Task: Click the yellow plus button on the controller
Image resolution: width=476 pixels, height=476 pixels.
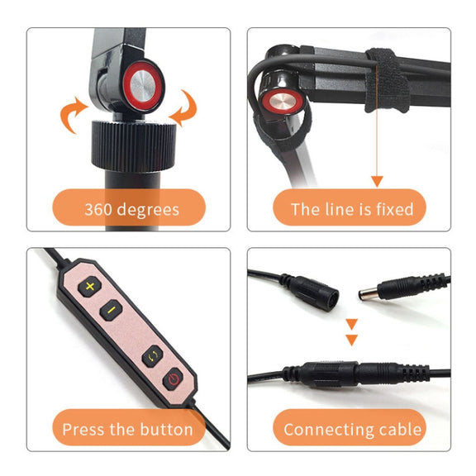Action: coord(90,286)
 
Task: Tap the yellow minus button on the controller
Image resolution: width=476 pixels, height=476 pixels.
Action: coord(112,310)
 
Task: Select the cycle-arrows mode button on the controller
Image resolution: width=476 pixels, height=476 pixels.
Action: coord(153,356)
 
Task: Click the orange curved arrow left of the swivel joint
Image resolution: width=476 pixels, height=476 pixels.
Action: coord(74,115)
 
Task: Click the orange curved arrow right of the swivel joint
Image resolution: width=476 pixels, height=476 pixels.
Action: coord(185,107)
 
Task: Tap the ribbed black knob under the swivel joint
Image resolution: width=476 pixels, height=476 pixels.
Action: coord(134,145)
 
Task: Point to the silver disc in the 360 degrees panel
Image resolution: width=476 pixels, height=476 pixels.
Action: coord(143,87)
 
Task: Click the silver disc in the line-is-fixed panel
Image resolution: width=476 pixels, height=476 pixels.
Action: coord(282,102)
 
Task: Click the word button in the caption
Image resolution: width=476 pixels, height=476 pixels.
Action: coord(167,430)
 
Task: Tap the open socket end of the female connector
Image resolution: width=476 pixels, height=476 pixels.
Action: coord(331,300)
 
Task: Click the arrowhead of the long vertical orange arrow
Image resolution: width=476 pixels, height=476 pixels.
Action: coord(377,181)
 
